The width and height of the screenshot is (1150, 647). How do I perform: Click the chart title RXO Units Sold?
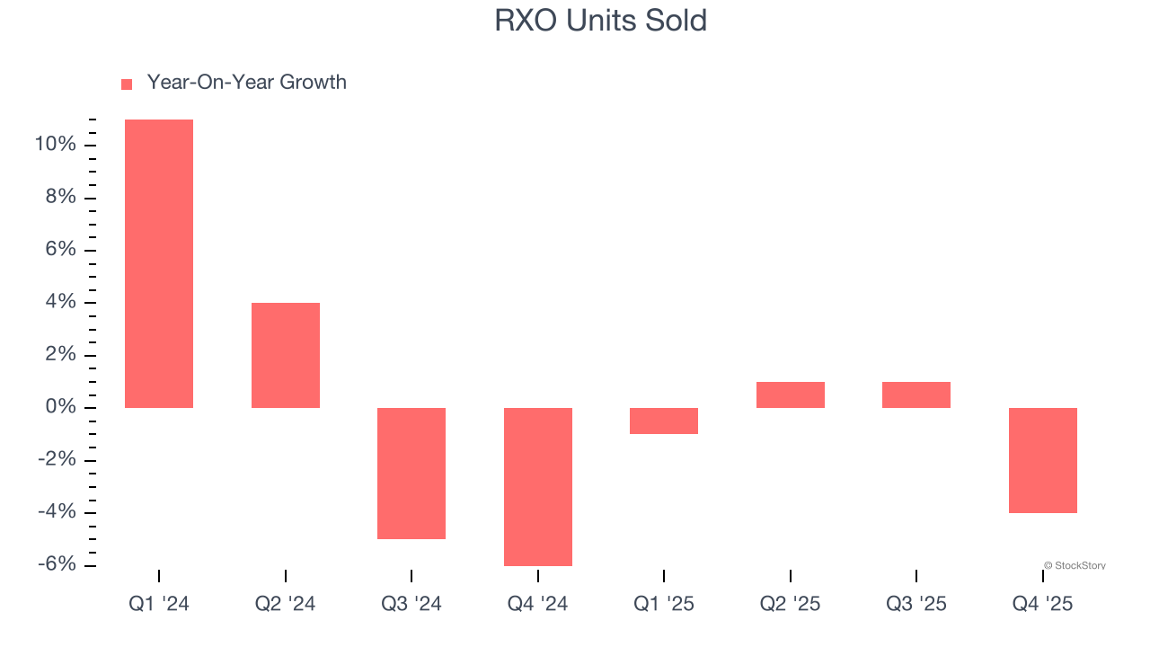point(600,21)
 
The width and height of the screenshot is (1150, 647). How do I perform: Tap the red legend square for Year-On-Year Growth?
point(127,84)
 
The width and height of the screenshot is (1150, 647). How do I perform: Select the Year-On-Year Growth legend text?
point(246,83)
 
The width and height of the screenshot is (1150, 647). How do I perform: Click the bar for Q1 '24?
point(159,263)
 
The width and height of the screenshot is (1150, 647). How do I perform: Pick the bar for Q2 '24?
point(285,355)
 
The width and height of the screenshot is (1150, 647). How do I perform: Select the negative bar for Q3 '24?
point(411,473)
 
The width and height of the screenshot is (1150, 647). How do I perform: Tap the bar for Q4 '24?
point(537,486)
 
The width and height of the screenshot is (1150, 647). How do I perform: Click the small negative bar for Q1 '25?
point(664,421)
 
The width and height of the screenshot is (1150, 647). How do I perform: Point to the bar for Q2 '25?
point(790,394)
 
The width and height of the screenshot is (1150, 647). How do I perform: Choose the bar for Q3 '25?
point(916,394)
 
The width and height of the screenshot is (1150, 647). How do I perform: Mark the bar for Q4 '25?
point(1042,460)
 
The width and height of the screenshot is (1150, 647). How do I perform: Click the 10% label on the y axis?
point(55,145)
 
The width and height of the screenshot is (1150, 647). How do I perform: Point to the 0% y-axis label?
point(60,408)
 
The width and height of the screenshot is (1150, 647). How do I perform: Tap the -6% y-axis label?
point(56,565)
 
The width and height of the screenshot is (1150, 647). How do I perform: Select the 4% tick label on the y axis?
point(60,303)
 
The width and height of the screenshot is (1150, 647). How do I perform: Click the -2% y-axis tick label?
point(56,460)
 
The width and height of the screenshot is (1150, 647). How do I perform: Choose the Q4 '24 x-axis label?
point(537,604)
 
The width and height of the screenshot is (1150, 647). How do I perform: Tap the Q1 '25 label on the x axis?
point(664,604)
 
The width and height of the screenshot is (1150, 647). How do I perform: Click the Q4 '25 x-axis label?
point(1042,604)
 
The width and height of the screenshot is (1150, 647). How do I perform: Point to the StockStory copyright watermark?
point(1075,565)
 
